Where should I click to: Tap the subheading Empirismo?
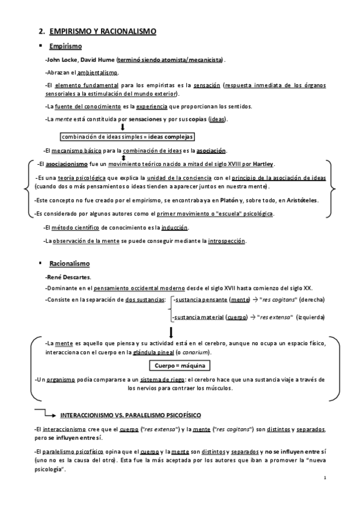66,46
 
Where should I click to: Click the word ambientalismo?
98,72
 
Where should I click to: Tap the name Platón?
223,200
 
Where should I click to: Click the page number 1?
324,478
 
